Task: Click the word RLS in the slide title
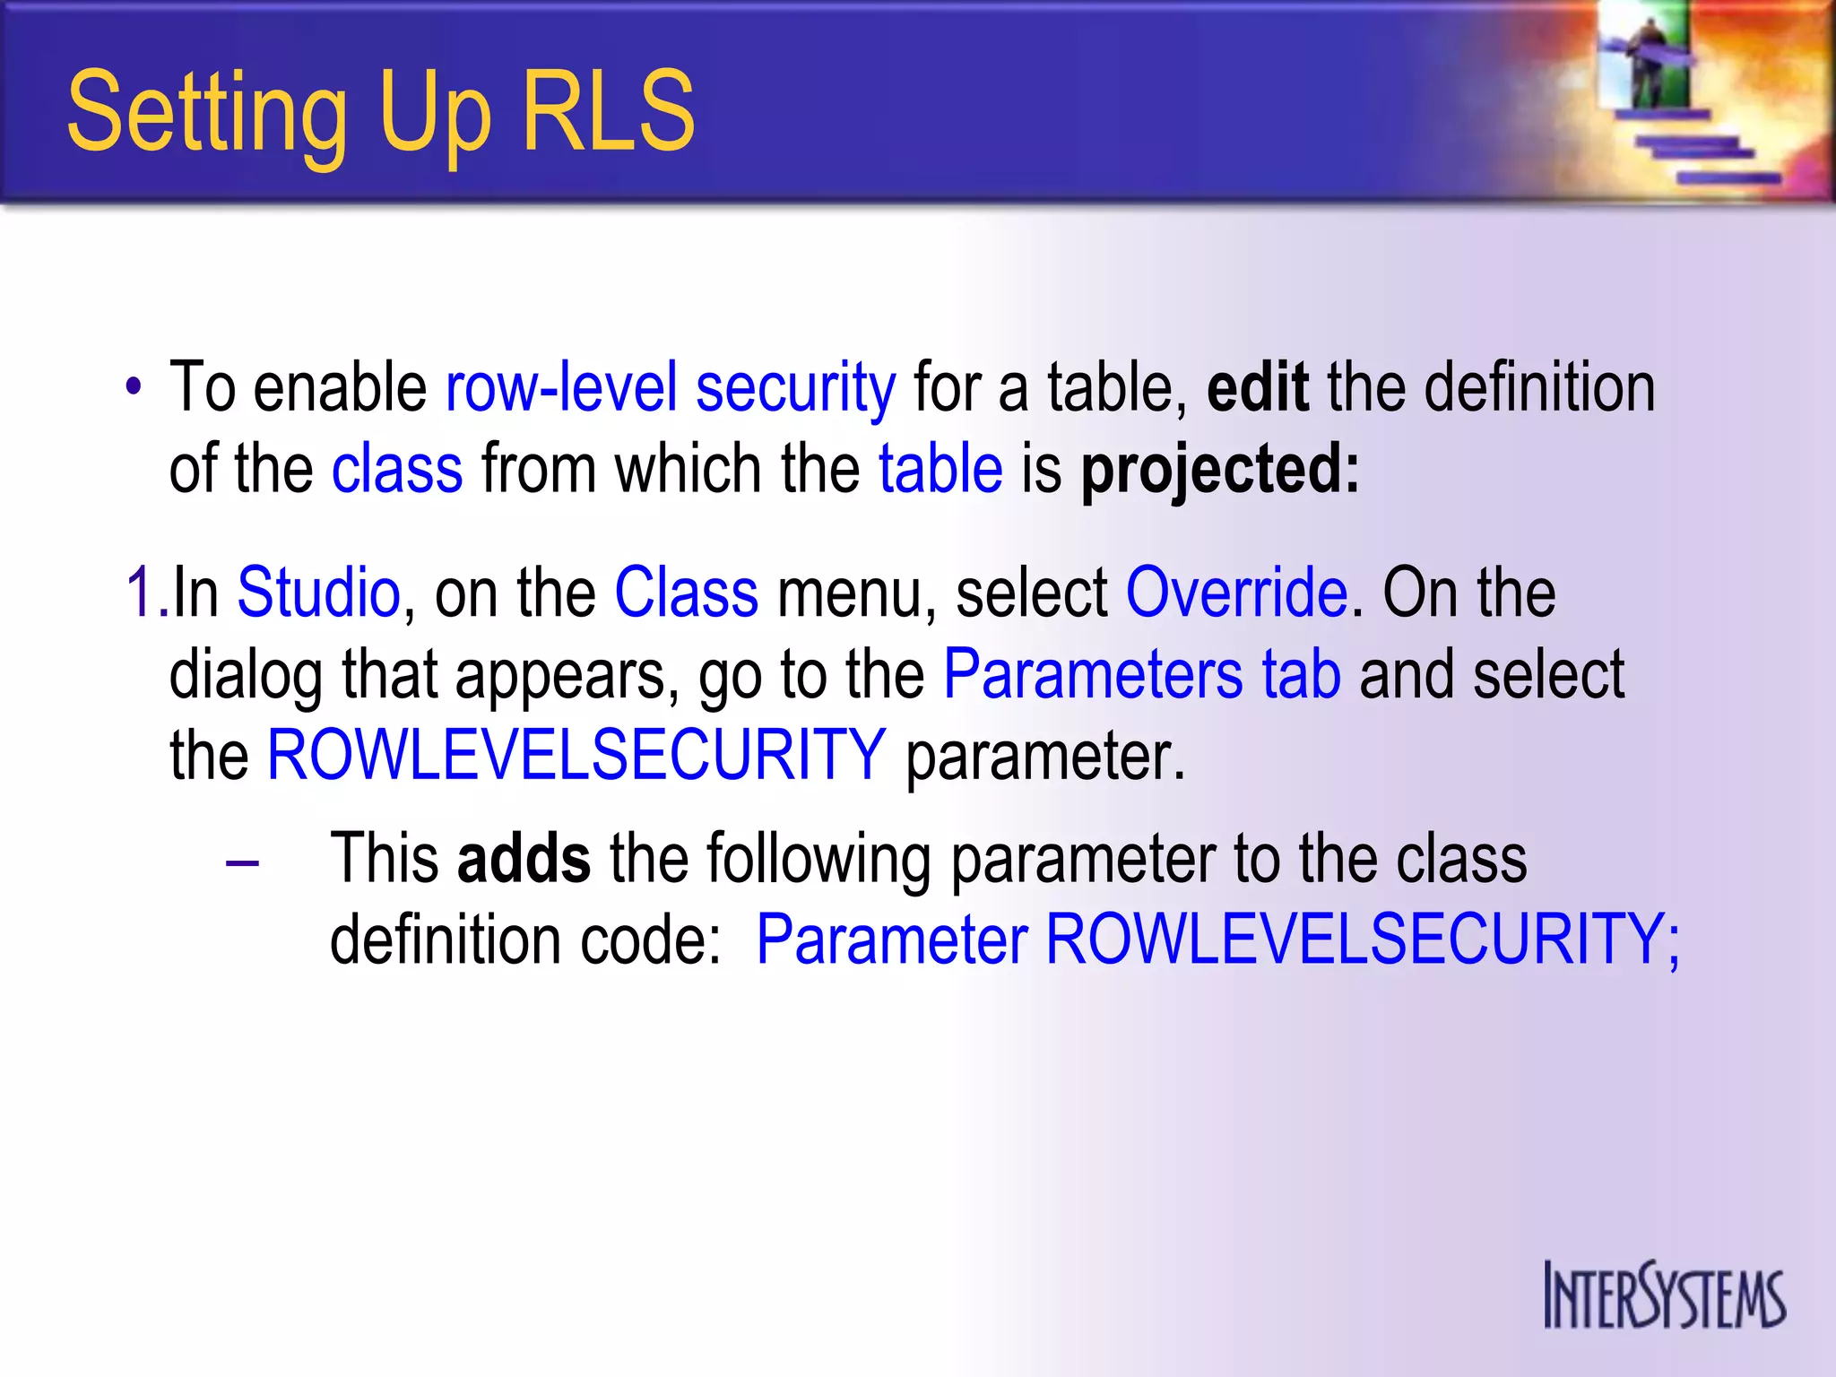[608, 112]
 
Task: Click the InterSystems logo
[1664, 1295]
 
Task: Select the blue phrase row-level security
[671, 388]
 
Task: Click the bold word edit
[1257, 387]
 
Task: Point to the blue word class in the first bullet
[397, 469]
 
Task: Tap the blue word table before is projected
[940, 469]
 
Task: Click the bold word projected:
[1220, 471]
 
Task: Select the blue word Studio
[318, 593]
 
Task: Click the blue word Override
[1236, 593]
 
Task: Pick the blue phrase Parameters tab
[1142, 674]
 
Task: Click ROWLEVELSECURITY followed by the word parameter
[576, 756]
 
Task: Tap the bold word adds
[524, 858]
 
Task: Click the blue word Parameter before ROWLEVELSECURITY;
[892, 940]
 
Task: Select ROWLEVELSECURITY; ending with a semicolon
[1363, 940]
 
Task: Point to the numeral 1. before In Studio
[145, 593]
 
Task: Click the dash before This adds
[242, 863]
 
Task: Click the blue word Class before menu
[686, 593]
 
